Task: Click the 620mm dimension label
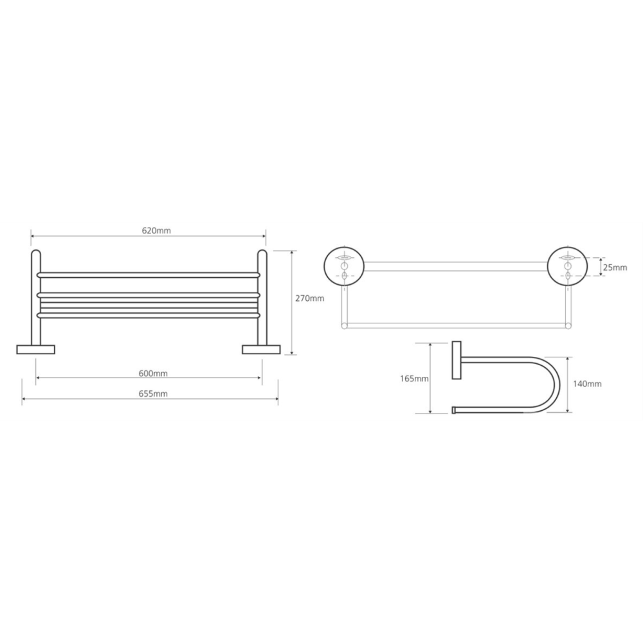point(156,230)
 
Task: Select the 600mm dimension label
point(153,374)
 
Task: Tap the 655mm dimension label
point(153,394)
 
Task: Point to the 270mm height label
point(310,298)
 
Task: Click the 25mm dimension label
point(615,267)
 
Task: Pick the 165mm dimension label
point(414,379)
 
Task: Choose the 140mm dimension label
point(587,384)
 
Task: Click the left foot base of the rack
point(35,349)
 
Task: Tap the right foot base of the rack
point(261,349)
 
